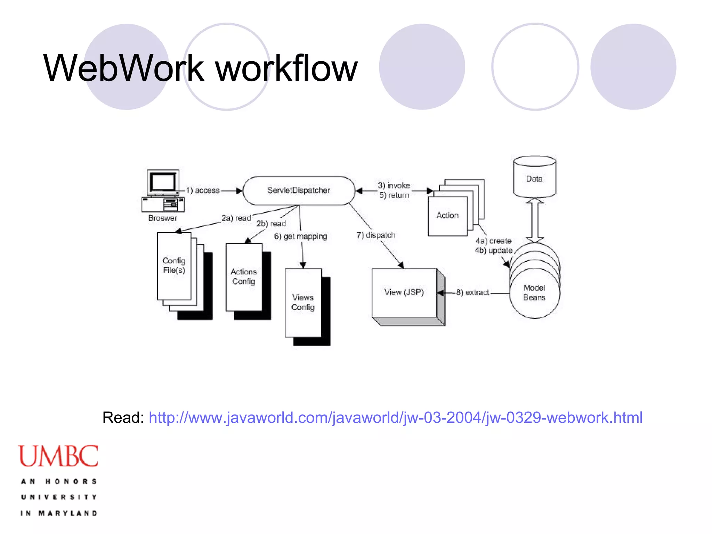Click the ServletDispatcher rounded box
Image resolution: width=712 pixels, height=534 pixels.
[x=299, y=191]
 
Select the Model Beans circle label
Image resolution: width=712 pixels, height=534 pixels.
[x=534, y=293]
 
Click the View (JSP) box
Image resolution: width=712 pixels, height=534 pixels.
[x=404, y=292]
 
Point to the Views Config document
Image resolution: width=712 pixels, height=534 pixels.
[x=303, y=302]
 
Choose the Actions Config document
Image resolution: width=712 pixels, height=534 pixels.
[x=244, y=277]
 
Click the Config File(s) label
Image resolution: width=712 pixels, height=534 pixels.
[x=174, y=265]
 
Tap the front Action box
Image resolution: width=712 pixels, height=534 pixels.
[x=447, y=216]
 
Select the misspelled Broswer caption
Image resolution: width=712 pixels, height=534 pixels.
[x=163, y=218]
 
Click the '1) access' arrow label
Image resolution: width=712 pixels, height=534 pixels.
[x=203, y=191]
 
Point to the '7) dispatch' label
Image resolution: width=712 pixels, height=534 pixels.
[x=376, y=235]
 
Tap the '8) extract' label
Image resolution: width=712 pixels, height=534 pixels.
[x=472, y=293]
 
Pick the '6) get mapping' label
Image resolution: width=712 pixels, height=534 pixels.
[x=301, y=236]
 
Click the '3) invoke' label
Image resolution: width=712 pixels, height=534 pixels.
[x=394, y=186]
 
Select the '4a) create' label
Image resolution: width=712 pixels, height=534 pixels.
[x=494, y=241]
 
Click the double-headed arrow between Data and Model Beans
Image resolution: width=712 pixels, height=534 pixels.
[x=535, y=220]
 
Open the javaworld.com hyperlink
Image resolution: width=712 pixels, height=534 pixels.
[x=396, y=418]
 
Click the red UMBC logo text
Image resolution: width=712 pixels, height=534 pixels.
[x=58, y=456]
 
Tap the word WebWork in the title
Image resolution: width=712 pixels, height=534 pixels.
[x=123, y=68]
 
